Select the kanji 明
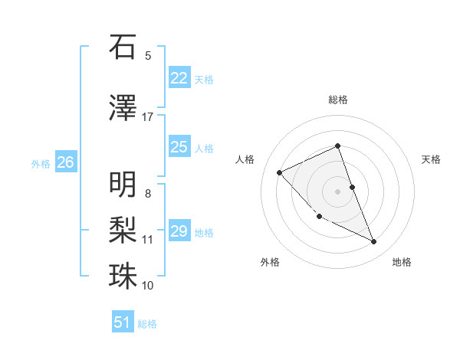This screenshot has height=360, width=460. (x=123, y=185)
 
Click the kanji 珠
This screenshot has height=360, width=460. (x=123, y=276)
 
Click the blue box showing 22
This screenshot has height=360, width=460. (x=179, y=78)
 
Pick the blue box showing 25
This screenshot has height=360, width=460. (x=179, y=147)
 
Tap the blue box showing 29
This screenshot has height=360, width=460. (x=179, y=231)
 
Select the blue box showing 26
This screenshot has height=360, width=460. (x=65, y=162)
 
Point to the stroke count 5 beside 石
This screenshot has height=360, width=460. (x=147, y=56)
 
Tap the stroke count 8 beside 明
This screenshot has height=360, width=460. (x=147, y=194)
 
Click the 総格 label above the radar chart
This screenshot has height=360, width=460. (x=337, y=100)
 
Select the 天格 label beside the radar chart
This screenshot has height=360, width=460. (x=431, y=159)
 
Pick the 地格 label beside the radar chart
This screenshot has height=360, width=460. (x=402, y=262)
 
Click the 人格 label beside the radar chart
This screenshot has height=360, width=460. (x=245, y=159)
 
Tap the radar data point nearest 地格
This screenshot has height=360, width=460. (x=374, y=242)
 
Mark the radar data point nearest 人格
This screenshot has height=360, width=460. (x=280, y=172)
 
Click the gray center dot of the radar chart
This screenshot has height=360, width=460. (x=337, y=191)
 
